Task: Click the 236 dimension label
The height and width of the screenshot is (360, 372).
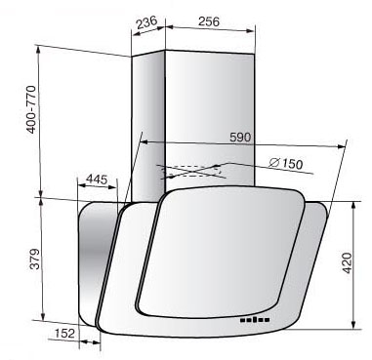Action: pyautogui.click(x=146, y=22)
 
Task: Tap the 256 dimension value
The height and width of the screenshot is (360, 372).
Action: pyautogui.click(x=209, y=21)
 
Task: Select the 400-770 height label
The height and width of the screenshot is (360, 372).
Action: pyautogui.click(x=31, y=109)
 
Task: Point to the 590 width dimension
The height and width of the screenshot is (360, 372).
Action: pyautogui.click(x=240, y=137)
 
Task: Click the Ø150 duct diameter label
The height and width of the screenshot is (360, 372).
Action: pyautogui.click(x=286, y=163)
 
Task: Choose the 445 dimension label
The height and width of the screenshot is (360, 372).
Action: pyautogui.click(x=97, y=180)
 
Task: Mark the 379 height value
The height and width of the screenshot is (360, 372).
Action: pyautogui.click(x=34, y=260)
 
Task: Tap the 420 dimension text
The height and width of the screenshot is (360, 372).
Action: pyautogui.click(x=348, y=262)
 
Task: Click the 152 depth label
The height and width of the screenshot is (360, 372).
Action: pyautogui.click(x=64, y=334)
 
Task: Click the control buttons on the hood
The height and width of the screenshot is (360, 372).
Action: pyautogui.click(x=255, y=320)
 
